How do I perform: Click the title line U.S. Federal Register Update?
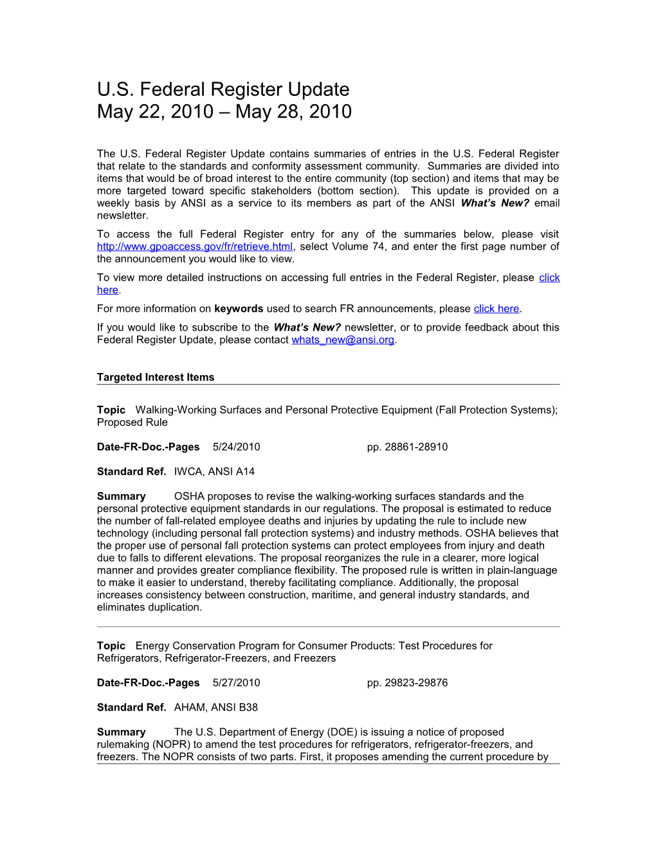[223, 89]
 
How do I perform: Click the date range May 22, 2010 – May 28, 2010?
[224, 111]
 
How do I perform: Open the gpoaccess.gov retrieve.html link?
[195, 247]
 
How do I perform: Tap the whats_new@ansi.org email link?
[343, 340]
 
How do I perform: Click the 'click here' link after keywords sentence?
[496, 309]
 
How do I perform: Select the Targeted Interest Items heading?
[156, 378]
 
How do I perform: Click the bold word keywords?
[239, 309]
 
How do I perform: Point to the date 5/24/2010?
[236, 447]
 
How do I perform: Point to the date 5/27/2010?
[236, 683]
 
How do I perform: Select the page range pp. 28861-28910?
[407, 447]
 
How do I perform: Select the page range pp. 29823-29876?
[407, 683]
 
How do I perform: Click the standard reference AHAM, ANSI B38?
[215, 707]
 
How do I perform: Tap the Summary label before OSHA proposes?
[121, 497]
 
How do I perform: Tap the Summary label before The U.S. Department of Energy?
[121, 733]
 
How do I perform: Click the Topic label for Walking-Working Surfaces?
[111, 410]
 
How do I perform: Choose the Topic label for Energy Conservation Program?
[111, 646]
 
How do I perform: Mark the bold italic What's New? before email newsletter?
[495, 203]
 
